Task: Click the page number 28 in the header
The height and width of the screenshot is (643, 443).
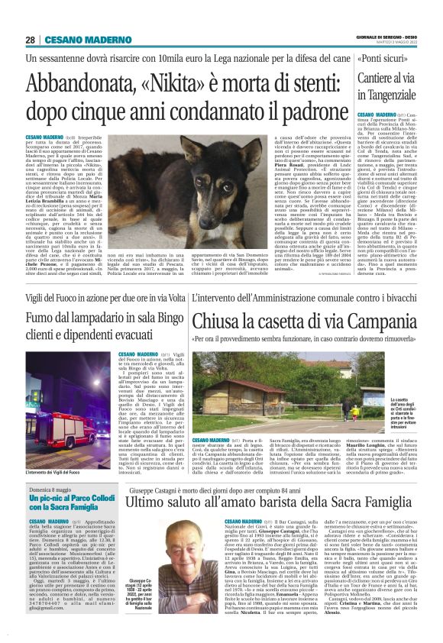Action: (x=30, y=40)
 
